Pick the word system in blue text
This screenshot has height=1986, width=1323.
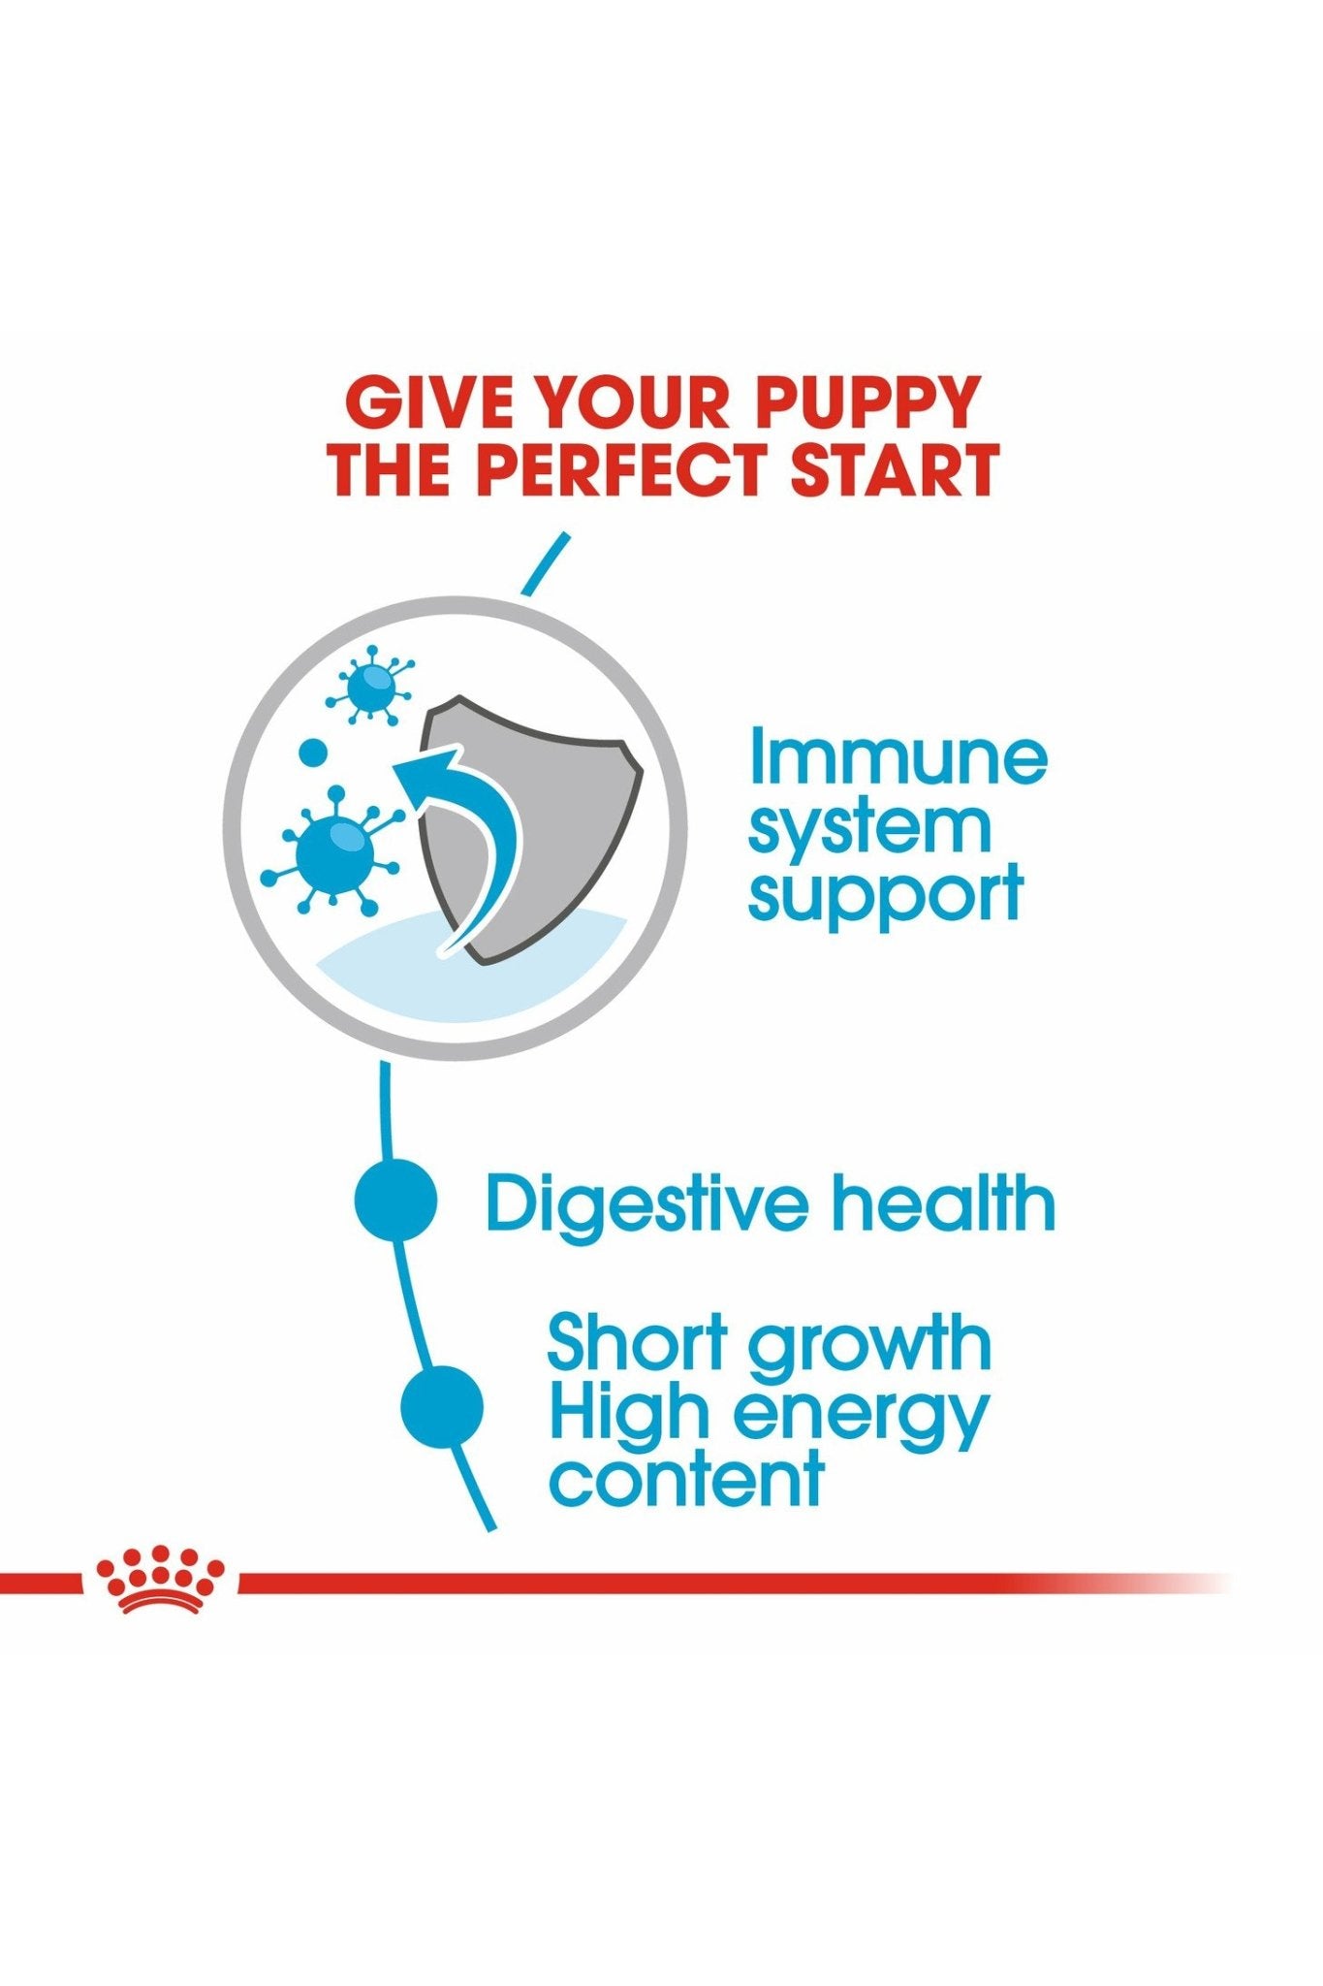869,829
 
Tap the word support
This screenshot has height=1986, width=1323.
885,896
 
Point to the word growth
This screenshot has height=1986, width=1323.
870,1349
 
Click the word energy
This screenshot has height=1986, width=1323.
861,1420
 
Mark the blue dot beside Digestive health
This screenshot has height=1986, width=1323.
395,1200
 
